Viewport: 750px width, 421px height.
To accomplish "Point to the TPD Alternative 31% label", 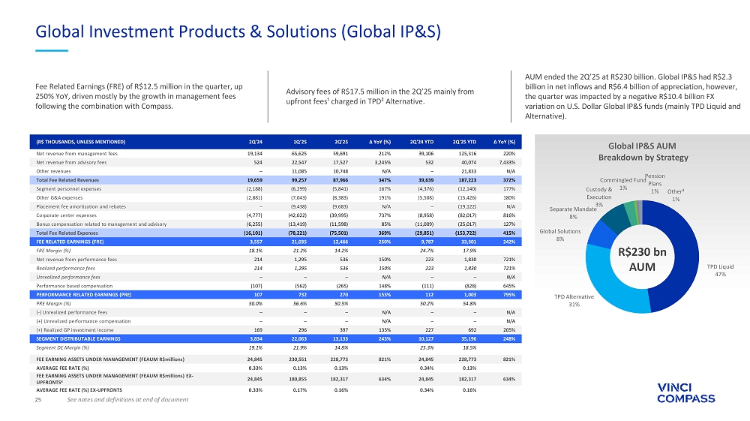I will click(574, 300).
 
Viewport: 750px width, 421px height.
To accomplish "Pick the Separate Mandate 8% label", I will click(574, 212).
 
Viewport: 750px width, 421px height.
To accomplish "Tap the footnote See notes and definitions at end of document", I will click(127, 399).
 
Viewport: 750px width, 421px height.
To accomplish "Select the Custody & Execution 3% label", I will click(599, 197).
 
